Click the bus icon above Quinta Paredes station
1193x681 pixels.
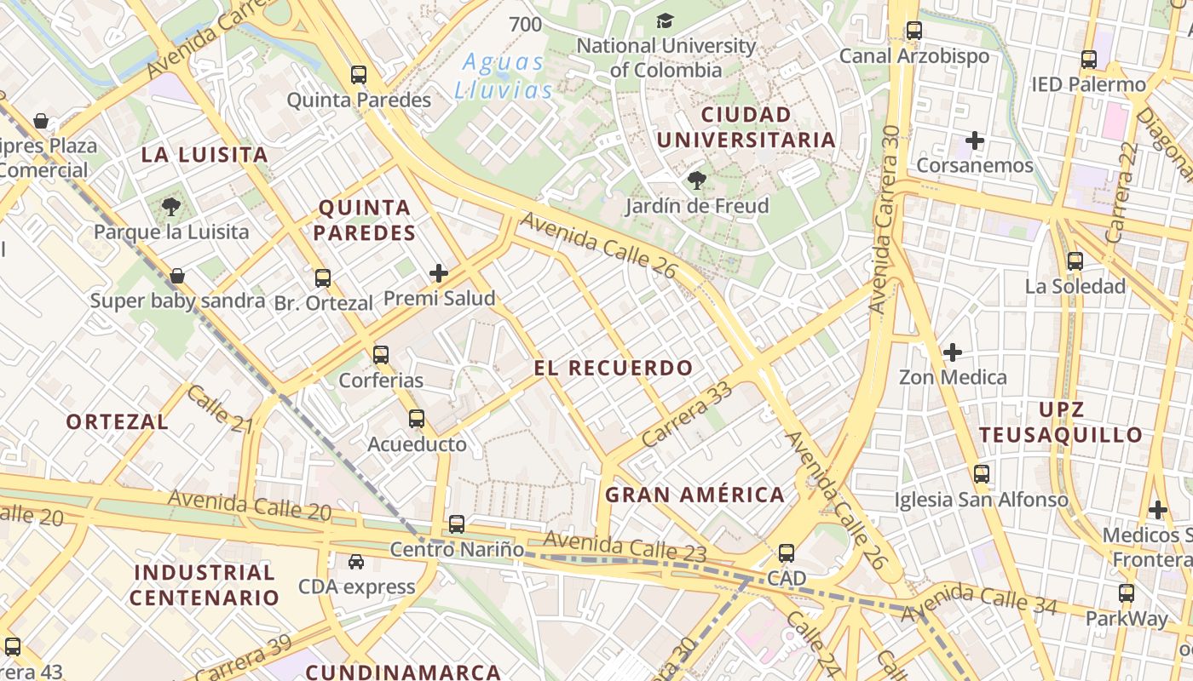[359, 75]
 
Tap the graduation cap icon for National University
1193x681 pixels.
[665, 20]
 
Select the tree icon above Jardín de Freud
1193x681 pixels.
[697, 180]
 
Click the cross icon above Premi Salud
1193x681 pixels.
[439, 273]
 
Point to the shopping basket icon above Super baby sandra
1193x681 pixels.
[177, 276]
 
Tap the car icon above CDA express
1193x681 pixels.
[356, 562]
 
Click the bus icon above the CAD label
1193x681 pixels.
[787, 553]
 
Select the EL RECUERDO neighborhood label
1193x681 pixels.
[614, 369]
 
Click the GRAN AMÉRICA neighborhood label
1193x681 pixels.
[694, 495]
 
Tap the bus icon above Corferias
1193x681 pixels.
[381, 355]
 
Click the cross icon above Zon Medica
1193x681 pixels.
[953, 352]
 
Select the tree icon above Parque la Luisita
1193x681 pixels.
[171, 206]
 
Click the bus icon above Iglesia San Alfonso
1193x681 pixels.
[982, 474]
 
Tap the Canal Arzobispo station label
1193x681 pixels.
[914, 56]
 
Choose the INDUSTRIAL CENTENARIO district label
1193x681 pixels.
[205, 585]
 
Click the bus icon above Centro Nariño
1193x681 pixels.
[457, 524]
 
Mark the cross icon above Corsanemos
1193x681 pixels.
[975, 140]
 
